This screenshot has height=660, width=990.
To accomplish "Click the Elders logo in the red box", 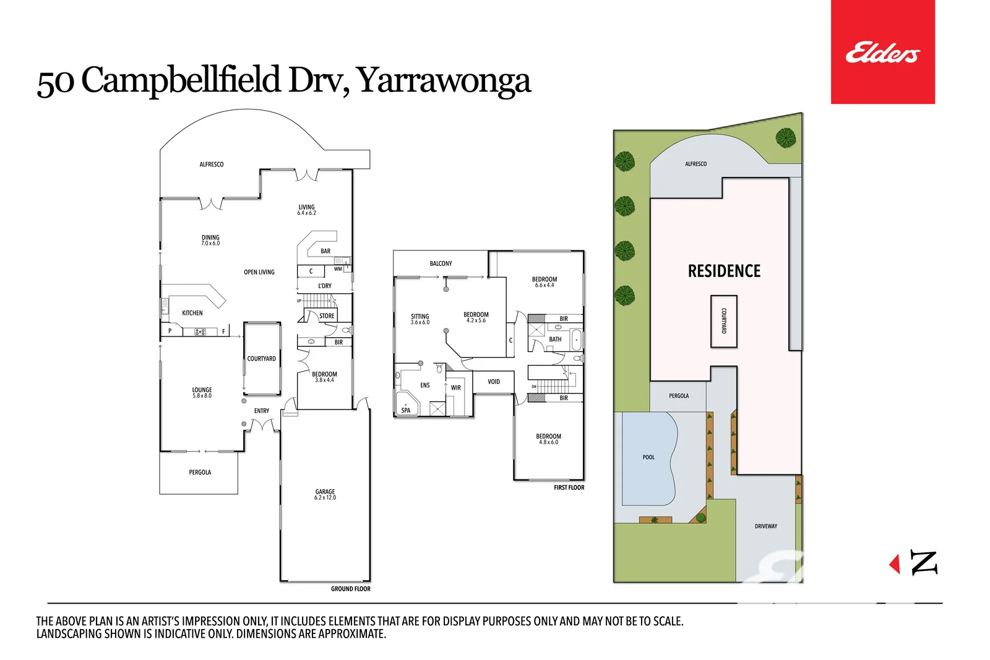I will [882, 53].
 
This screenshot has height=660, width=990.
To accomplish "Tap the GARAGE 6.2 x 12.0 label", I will [325, 494].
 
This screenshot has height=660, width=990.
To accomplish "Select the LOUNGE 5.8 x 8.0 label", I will [202, 392].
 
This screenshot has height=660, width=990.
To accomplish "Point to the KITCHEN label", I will [192, 313].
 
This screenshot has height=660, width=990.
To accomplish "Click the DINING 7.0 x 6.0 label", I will [210, 240].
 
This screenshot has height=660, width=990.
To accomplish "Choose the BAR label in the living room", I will [325, 251].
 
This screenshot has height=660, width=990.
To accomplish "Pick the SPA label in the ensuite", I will [406, 410].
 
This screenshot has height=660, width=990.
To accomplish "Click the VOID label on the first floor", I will [494, 382].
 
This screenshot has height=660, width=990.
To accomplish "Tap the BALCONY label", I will [441, 264].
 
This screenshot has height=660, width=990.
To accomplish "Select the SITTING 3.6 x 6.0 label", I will [420, 319].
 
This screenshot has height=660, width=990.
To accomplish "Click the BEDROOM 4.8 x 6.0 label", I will [548, 439].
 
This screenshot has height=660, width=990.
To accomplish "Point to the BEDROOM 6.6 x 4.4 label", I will [544, 281].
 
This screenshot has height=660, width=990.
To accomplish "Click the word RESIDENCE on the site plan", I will [724, 271].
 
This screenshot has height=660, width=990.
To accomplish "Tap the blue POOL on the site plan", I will [648, 458].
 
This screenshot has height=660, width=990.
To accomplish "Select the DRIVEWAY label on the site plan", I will [765, 526].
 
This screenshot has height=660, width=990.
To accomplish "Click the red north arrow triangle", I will [895, 564].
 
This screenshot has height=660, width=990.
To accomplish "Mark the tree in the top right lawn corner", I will [786, 137].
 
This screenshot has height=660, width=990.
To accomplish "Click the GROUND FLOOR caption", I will [350, 589].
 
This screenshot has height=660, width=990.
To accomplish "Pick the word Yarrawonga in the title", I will [444, 80].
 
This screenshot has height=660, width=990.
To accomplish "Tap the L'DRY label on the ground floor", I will [325, 286].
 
